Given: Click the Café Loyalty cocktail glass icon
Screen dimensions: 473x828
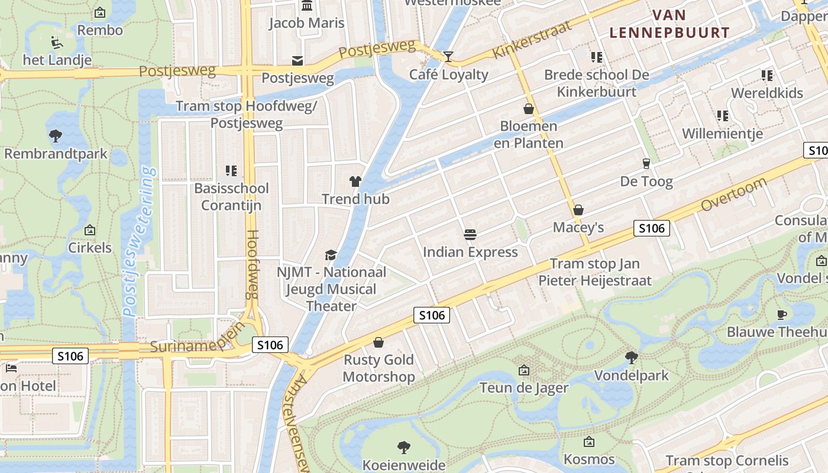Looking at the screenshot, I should point(448,57).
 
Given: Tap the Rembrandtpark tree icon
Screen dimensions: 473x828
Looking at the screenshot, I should point(56,136).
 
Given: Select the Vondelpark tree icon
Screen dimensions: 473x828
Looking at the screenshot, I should point(631,357).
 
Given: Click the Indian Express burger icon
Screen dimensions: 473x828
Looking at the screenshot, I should point(470,235).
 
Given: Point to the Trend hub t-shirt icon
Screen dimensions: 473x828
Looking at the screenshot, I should point(355,182).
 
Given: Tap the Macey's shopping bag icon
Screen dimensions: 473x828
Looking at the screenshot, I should point(578,210).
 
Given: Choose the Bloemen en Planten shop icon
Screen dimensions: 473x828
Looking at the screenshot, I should point(528,109).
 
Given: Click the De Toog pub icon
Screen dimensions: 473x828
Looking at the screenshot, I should point(646,164).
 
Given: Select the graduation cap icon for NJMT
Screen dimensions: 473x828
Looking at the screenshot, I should point(331,255).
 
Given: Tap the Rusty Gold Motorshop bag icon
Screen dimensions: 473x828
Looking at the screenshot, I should point(379,342).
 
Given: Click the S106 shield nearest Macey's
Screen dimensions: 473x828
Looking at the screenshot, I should point(651,228).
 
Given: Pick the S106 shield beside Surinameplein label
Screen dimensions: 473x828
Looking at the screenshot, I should point(270,345).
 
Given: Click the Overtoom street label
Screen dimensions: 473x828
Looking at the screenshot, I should point(733,195).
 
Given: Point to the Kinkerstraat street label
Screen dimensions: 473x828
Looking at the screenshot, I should point(532,40).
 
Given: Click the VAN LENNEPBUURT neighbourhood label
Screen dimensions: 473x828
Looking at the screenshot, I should point(669,24).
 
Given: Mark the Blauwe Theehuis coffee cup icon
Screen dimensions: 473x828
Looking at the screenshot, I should point(782,315).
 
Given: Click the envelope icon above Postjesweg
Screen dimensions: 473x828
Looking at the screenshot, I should point(297,60).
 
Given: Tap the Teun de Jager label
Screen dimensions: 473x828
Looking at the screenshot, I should point(523,388).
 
